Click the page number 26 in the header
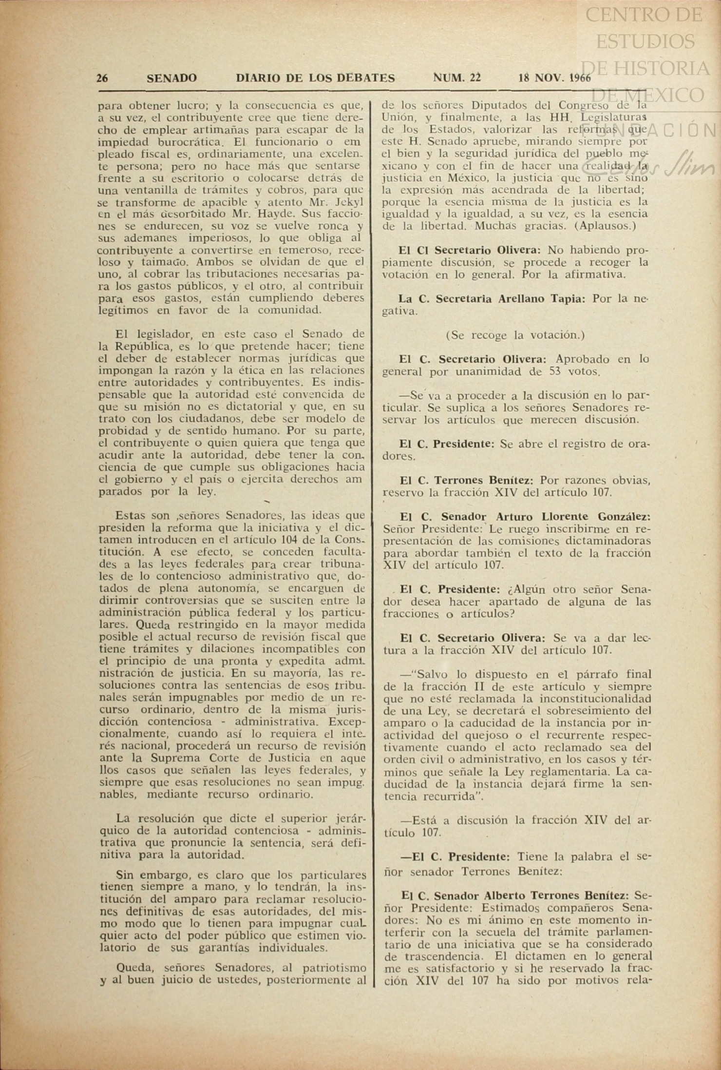pyautogui.click(x=102, y=78)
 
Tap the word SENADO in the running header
pyautogui.click(x=171, y=78)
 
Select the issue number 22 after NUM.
pyautogui.click(x=475, y=78)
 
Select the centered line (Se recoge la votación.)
pyautogui.click(x=515, y=335)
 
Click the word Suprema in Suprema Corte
pyautogui.click(x=173, y=758)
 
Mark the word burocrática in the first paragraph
pyautogui.click(x=185, y=142)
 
